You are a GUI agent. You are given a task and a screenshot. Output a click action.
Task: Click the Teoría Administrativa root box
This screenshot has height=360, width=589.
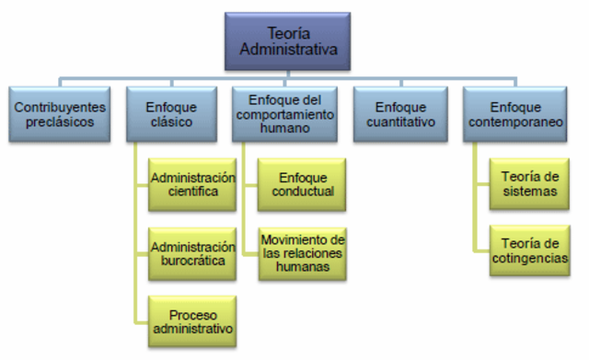[287, 41]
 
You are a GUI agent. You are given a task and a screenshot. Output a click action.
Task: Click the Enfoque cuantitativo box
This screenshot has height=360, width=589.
[398, 113]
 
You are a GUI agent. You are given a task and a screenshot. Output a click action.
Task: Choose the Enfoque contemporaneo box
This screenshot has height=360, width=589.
[514, 113]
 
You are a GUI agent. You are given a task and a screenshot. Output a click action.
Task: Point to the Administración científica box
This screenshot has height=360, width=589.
[192, 184]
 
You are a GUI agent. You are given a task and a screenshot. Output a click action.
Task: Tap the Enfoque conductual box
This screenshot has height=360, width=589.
[304, 184]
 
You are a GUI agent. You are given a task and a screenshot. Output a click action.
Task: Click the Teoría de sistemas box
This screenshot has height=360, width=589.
[529, 184]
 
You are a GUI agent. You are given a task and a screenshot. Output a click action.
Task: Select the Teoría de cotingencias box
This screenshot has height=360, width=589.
[529, 249]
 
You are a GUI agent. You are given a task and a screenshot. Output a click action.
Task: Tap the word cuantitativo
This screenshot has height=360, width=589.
[398, 121]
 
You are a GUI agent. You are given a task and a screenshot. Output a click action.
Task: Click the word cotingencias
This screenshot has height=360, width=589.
[529, 257]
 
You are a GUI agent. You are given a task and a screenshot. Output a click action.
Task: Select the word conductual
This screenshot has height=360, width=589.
[304, 192]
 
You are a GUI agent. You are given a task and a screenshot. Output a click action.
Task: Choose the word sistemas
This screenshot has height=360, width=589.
[529, 192]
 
